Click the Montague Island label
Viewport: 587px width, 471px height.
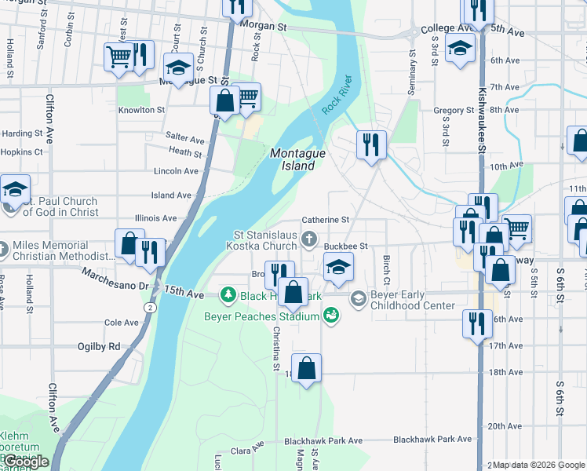pos(297,159)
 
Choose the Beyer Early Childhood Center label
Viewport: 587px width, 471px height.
pos(412,300)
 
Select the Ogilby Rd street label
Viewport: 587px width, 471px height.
pos(99,346)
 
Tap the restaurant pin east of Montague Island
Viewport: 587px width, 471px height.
pos(371,144)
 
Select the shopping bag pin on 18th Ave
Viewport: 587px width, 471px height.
pos(306,367)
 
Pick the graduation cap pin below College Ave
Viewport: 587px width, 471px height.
pos(460,48)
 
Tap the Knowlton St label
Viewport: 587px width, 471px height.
pos(141,111)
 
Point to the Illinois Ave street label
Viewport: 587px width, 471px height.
pos(155,218)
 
